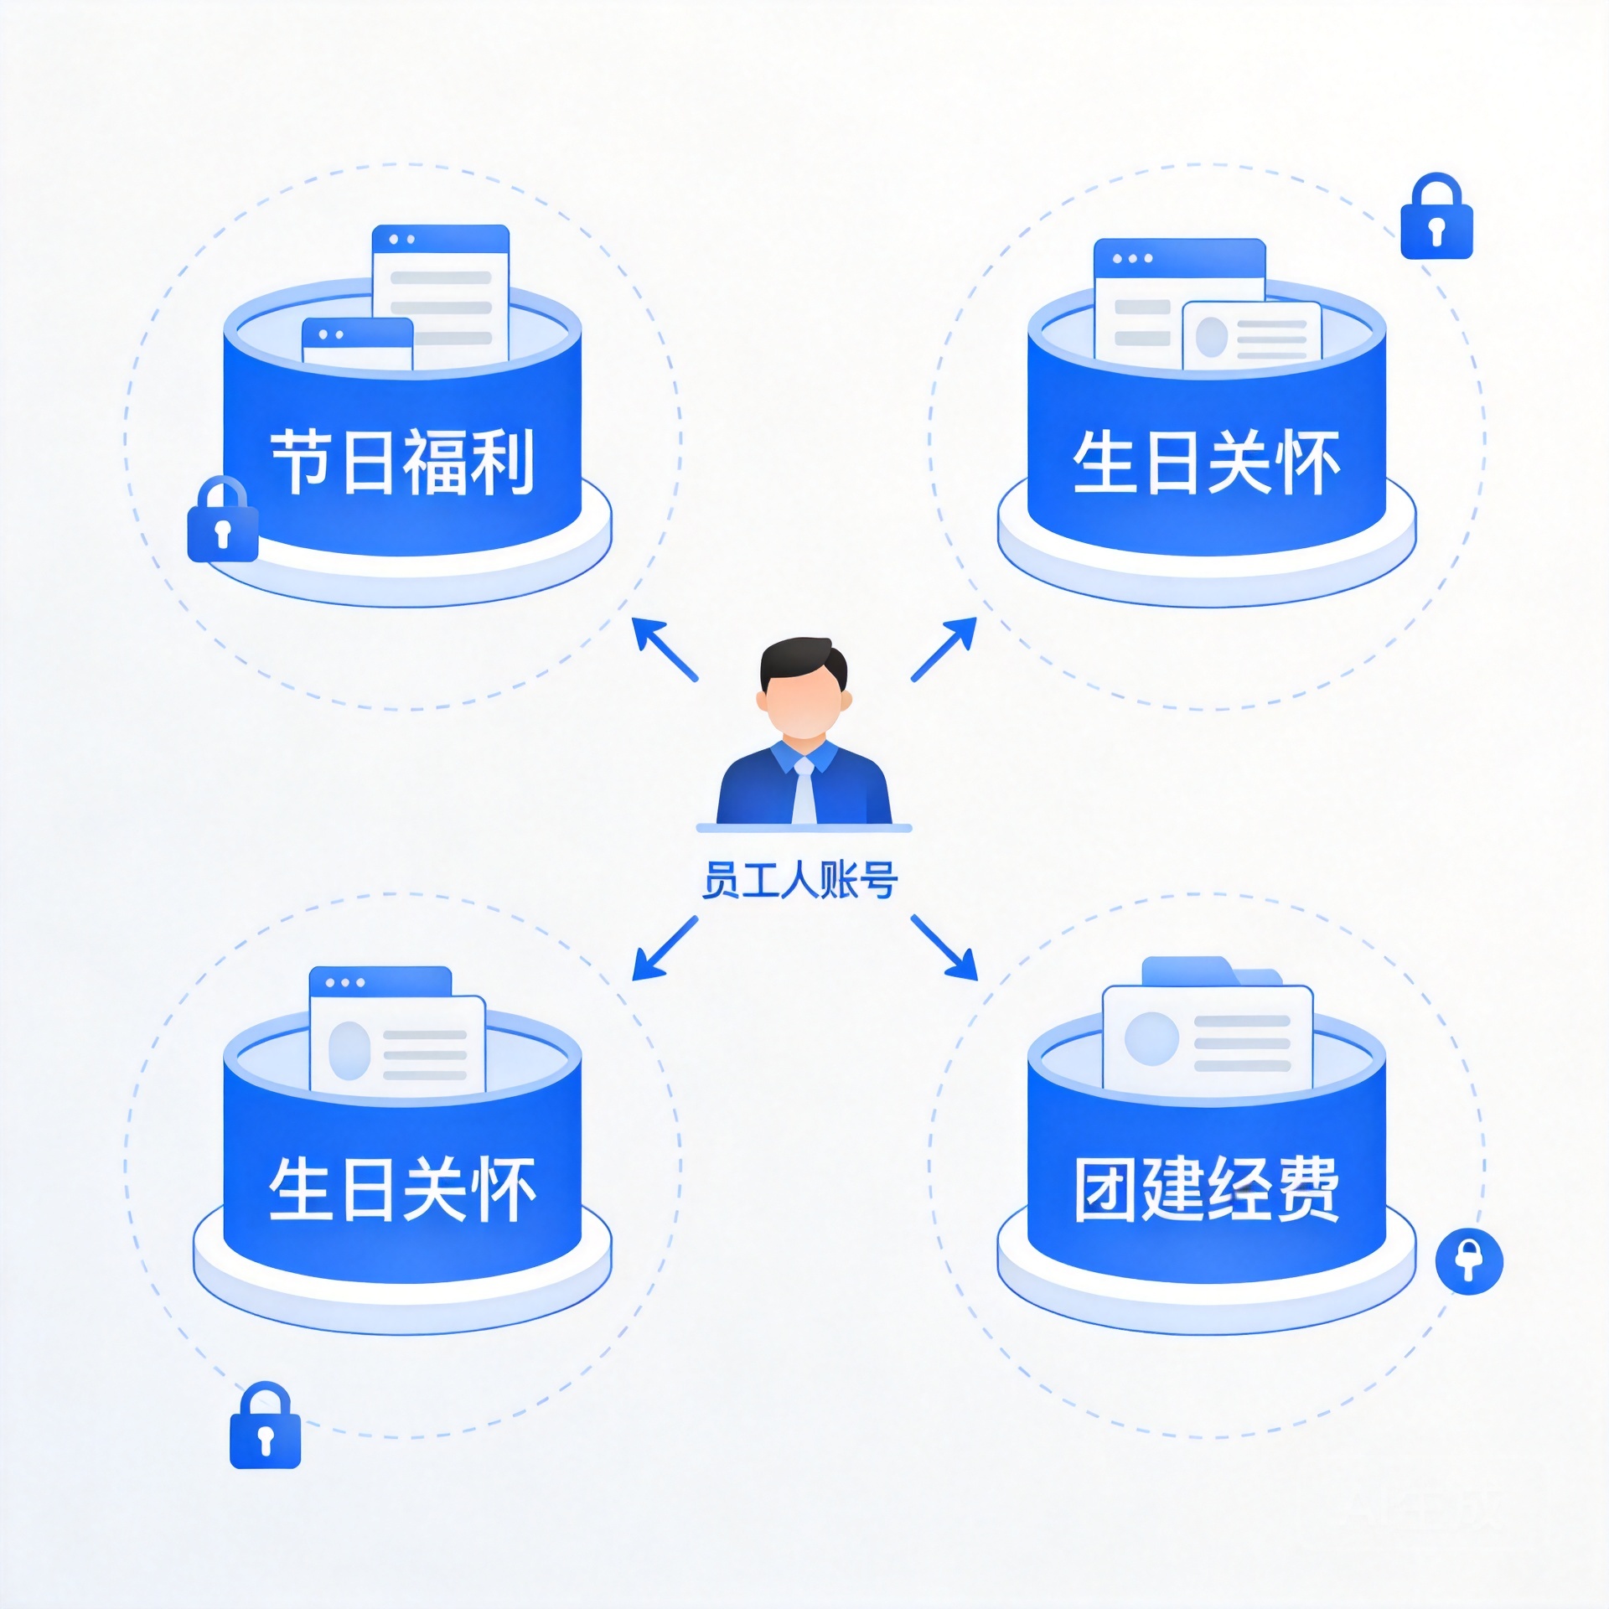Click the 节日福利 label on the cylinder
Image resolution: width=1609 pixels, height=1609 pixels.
pyautogui.click(x=402, y=462)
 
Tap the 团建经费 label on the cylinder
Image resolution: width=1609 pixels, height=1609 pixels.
pyautogui.click(x=1207, y=1189)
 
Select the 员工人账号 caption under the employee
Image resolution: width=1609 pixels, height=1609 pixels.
pyautogui.click(x=800, y=880)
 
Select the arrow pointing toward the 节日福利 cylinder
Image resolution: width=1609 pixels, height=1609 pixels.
pyautogui.click(x=665, y=649)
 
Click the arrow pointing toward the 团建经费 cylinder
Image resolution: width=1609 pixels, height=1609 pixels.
pyautogui.click(x=944, y=948)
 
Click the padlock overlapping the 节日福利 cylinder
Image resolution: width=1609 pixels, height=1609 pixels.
pyautogui.click(x=222, y=520)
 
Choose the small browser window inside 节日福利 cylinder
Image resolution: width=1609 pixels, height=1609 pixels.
pyautogui.click(x=358, y=344)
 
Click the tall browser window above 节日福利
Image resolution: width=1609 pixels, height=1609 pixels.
pyautogui.click(x=441, y=289)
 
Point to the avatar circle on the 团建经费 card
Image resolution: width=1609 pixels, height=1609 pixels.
pyautogui.click(x=1151, y=1038)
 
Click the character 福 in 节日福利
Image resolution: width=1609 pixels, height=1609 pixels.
pyautogui.click(x=435, y=462)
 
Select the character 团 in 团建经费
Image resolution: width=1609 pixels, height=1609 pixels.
pyautogui.click(x=1107, y=1189)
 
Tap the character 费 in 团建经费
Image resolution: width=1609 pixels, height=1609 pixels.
pyautogui.click(x=1307, y=1189)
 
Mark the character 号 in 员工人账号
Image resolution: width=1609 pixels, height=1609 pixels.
pyautogui.click(x=879, y=880)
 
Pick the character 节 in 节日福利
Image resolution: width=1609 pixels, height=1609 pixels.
pyautogui.click(x=303, y=462)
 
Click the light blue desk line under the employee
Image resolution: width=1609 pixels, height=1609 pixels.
pyautogui.click(x=804, y=828)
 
